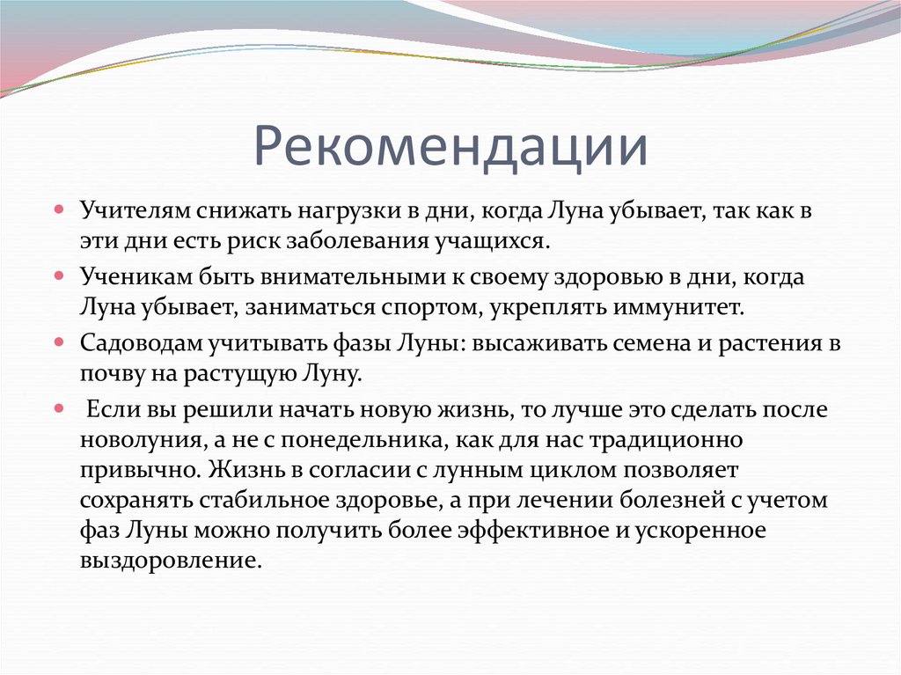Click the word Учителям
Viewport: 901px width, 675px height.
click(x=139, y=211)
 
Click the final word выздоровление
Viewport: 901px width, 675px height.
click(x=171, y=561)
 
